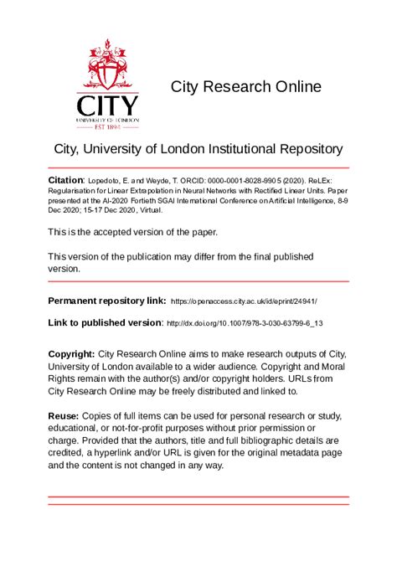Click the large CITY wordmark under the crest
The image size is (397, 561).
[108, 106]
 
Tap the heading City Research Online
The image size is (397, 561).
[245, 86]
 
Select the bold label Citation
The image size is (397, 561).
[65, 179]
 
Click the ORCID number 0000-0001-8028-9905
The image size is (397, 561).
[250, 180]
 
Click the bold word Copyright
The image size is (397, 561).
[71, 354]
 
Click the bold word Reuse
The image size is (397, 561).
[64, 416]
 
